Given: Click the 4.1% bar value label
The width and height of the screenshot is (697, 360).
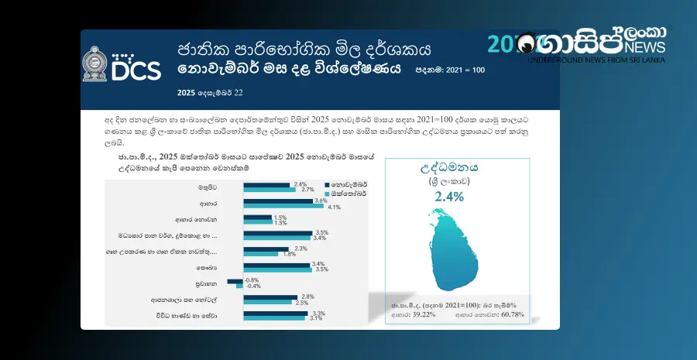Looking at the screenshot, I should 335,207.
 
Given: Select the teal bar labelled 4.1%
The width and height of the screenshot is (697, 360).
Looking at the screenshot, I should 283,207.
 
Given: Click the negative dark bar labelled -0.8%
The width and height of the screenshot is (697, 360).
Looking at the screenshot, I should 235,280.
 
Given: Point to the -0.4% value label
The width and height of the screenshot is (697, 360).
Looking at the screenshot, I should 252,286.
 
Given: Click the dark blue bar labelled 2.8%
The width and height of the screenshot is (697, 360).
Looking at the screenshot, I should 270,297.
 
